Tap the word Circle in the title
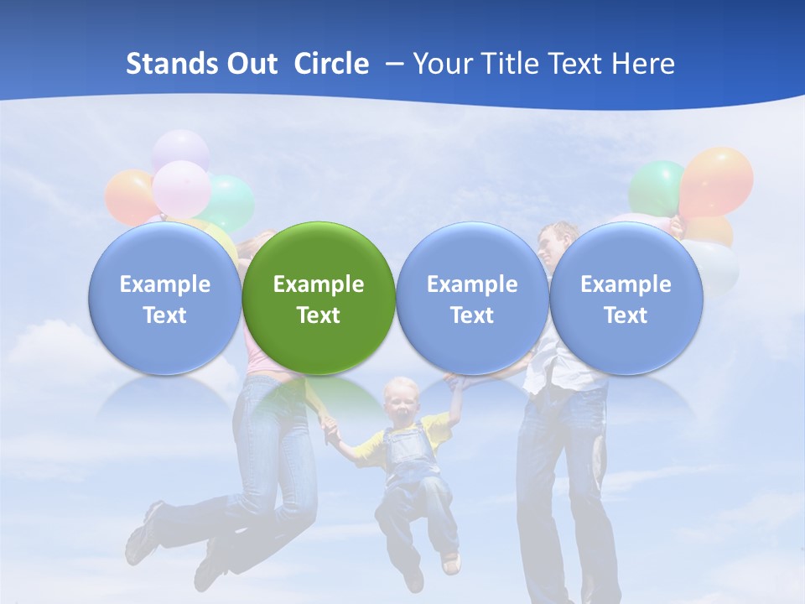(331, 64)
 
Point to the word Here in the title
(643, 64)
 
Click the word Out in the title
(250, 64)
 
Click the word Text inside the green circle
(319, 315)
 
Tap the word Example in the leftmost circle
(164, 284)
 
